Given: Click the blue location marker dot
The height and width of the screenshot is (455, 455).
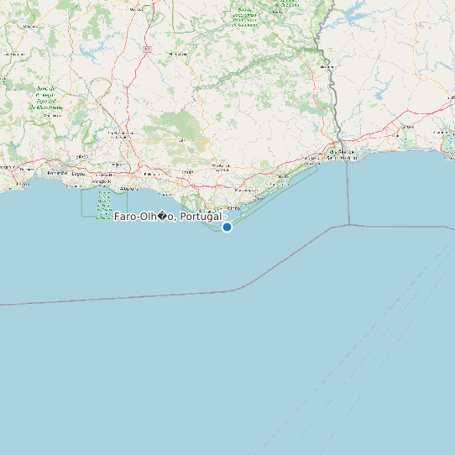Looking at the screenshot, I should pos(227,227).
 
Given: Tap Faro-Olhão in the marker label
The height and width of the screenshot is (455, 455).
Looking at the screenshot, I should pos(144,217).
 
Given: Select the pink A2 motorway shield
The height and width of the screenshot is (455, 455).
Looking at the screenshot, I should pos(148,50).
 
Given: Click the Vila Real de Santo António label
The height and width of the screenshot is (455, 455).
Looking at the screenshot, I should pos(343,154).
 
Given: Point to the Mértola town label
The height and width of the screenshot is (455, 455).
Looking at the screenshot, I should pos(327,66).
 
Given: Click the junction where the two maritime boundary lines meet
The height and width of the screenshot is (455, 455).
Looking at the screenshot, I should pos(348,226).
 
